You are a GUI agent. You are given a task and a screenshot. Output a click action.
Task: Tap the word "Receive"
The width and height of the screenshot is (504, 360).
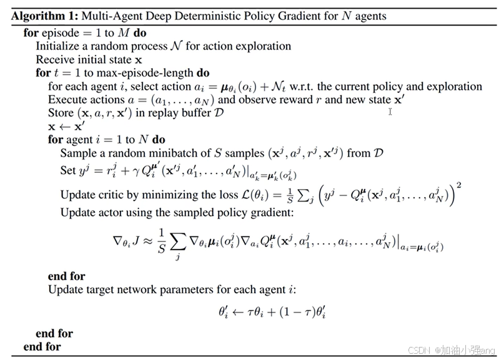tap(55, 60)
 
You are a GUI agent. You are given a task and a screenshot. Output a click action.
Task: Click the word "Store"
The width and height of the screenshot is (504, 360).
tap(61, 113)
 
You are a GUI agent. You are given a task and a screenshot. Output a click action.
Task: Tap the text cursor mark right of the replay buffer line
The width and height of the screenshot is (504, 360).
tap(390, 112)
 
